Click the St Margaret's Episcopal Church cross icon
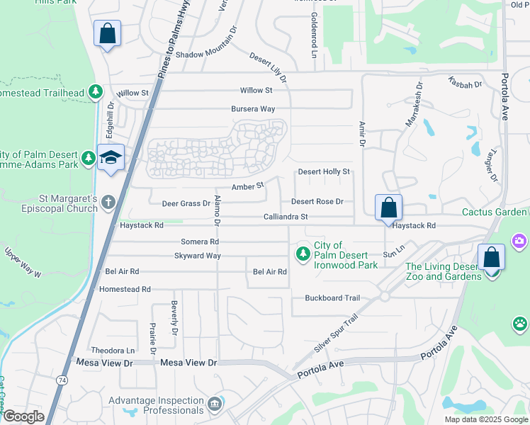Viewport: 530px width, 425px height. click(108, 203)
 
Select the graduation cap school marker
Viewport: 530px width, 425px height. click(111, 157)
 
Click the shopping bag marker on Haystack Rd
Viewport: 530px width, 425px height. click(388, 208)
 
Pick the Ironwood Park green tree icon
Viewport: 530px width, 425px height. click(303, 253)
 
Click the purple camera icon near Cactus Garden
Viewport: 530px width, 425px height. click(519, 242)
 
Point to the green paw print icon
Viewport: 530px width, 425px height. click(521, 324)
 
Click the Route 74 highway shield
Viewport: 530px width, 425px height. click(62, 380)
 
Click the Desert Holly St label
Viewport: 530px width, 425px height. click(324, 171)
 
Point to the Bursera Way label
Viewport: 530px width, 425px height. click(253, 109)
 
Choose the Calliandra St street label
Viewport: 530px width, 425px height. click(286, 217)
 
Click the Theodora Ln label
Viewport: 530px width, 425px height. click(113, 351)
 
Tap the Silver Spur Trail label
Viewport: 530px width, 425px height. click(337, 335)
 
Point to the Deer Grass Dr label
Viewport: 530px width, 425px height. click(186, 203)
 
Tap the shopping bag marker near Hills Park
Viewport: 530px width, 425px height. click(107, 33)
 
